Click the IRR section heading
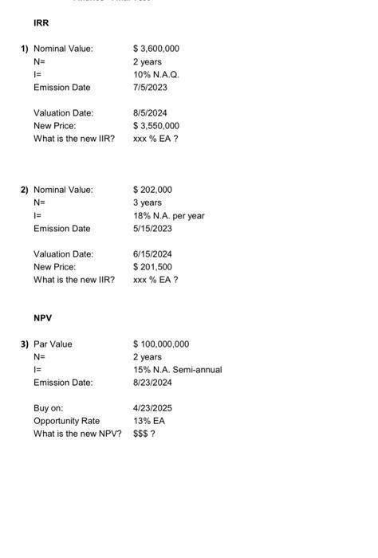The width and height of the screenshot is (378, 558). coord(41,23)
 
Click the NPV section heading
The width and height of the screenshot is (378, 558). coord(42,317)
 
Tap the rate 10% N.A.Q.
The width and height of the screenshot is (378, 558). coord(156,74)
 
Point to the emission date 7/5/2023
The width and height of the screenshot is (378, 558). coord(150,87)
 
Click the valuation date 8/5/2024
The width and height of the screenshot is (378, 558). coord(150,113)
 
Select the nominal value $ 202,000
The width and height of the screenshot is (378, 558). coord(152,190)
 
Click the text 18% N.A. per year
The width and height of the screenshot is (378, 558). coord(169,215)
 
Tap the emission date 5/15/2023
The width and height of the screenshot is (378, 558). coord(152,228)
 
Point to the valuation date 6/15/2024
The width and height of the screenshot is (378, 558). coord(152,254)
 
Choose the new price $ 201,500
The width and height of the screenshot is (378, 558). coord(152,267)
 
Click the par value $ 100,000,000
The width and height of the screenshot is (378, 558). coord(161,344)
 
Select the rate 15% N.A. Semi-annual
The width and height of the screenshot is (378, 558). coord(177,370)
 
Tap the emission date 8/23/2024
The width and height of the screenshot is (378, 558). coord(152,383)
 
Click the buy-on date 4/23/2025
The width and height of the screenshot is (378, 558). coord(152,408)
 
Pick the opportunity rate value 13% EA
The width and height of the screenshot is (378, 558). coord(148,421)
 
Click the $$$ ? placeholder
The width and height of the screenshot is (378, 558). coord(144,434)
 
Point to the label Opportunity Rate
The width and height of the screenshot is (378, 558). coord(67,421)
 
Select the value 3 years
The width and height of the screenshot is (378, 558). coord(148,202)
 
